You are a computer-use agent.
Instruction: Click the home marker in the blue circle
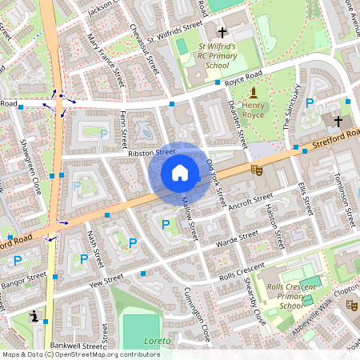click(x=180, y=173)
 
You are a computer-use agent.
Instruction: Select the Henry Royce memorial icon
click(x=254, y=93)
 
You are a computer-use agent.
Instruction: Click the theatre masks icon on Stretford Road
click(x=258, y=170)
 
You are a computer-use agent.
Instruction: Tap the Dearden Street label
click(x=238, y=123)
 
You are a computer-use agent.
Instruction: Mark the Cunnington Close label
click(x=196, y=312)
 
